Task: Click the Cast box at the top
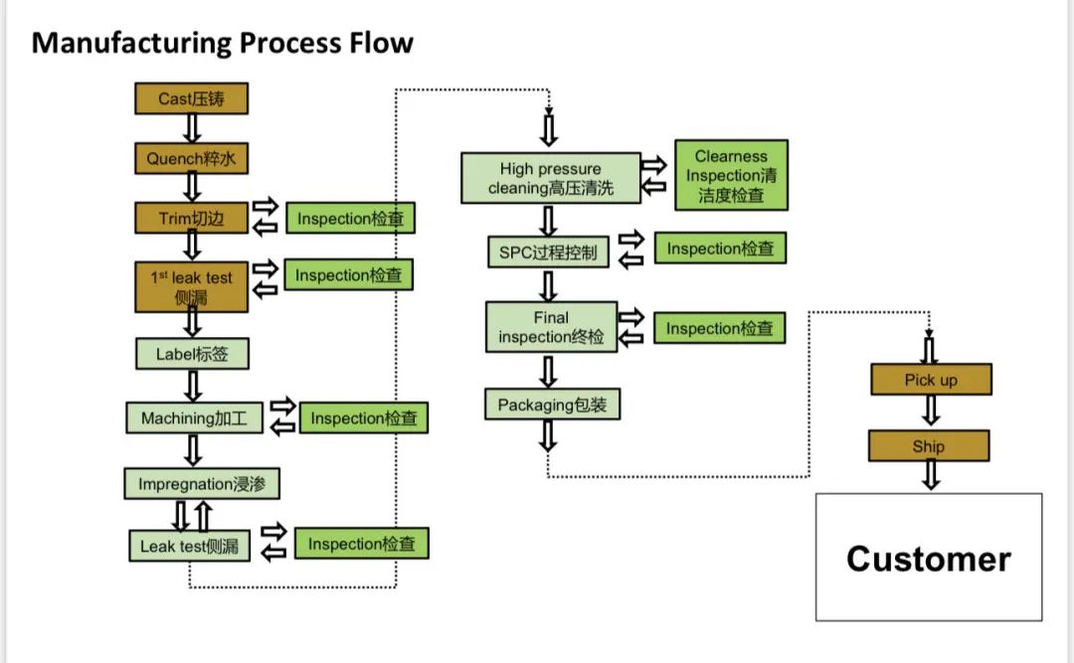coord(191,98)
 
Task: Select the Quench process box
coord(191,158)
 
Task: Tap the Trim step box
coord(191,219)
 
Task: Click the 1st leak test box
coord(191,286)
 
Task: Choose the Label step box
coord(191,354)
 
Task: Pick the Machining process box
coord(194,418)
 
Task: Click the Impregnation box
coord(202,484)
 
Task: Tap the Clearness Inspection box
coord(731,176)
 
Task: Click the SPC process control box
coord(548,252)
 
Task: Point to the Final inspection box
coord(551,327)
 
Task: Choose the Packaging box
coord(552,404)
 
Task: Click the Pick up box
coord(930,380)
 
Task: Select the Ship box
coord(929,446)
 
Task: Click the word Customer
coord(928,559)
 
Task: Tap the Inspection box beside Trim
coord(350,219)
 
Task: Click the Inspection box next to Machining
coord(364,418)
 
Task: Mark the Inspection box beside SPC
coord(720,249)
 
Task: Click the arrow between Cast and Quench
coord(192,128)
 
